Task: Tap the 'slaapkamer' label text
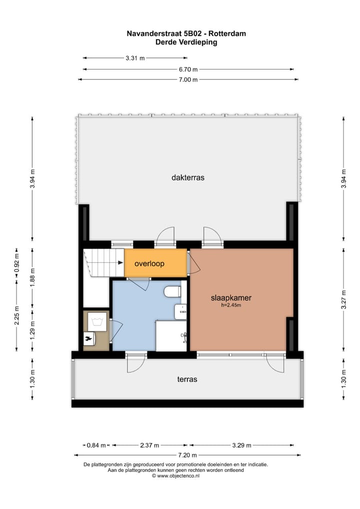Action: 231,298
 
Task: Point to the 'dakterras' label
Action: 188,177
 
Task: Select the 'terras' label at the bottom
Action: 187,379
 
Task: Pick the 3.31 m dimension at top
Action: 135,58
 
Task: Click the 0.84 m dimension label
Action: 96,445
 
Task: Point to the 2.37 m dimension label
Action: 149,445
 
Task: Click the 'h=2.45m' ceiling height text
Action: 230,305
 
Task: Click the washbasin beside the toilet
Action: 180,311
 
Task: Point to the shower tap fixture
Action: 185,336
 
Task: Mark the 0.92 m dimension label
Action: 16,263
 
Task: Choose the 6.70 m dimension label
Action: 188,69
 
